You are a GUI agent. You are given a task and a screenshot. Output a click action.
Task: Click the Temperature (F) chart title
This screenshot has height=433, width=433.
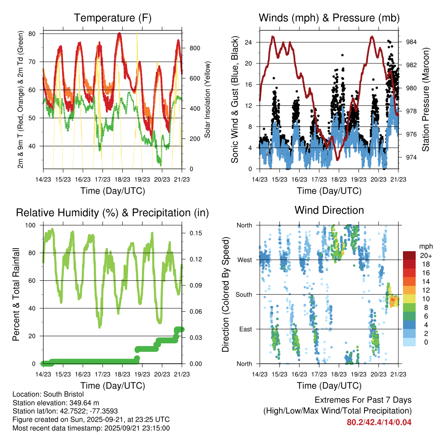point(112,18)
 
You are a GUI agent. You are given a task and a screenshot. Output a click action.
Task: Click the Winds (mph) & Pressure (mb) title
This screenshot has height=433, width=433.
point(329,18)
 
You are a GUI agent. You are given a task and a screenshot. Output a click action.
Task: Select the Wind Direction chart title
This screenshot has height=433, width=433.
point(329,210)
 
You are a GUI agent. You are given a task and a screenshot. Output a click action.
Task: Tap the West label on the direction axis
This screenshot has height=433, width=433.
point(244,260)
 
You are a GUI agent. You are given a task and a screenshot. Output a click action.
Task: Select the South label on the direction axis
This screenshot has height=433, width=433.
point(244,294)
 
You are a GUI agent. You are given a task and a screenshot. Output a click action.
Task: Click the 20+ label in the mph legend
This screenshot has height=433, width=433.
point(425,255)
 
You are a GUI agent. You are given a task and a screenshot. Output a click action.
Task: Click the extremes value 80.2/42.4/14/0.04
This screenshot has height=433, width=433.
point(379,422)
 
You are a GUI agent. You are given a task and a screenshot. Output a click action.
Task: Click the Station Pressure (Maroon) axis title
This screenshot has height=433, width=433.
point(425,99)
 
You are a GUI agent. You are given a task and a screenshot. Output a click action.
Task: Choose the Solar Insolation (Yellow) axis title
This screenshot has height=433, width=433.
point(208,99)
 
